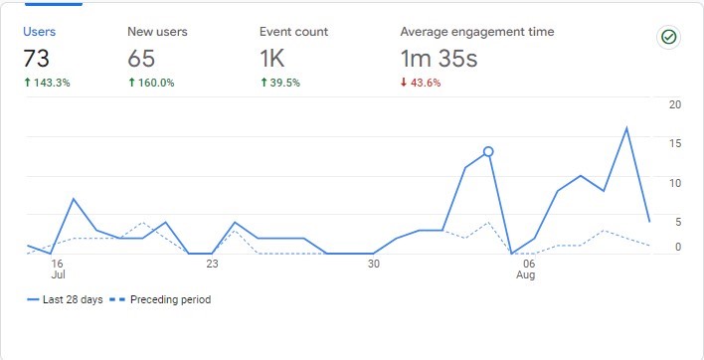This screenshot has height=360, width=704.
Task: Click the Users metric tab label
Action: pyautogui.click(x=40, y=32)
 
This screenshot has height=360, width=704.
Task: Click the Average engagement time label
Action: pyautogui.click(x=477, y=32)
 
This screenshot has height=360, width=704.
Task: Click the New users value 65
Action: pyautogui.click(x=142, y=59)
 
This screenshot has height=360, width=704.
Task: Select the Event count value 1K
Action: pyautogui.click(x=272, y=59)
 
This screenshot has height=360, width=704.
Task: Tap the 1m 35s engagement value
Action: pyautogui.click(x=439, y=59)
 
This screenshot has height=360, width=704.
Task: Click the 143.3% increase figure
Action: pyautogui.click(x=46, y=83)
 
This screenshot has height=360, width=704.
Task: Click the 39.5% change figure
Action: pyautogui.click(x=279, y=83)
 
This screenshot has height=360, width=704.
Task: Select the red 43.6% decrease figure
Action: pyautogui.click(x=421, y=83)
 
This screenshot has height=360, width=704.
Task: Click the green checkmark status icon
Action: pyautogui.click(x=669, y=37)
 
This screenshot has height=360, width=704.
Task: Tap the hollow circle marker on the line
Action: pyautogui.click(x=488, y=151)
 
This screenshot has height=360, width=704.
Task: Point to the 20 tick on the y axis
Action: pyautogui.click(x=675, y=104)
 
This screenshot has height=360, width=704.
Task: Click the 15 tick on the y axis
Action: pyautogui.click(x=675, y=143)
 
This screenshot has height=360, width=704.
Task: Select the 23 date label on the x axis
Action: pyautogui.click(x=212, y=265)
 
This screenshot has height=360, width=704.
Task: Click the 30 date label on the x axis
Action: pyautogui.click(x=373, y=265)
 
